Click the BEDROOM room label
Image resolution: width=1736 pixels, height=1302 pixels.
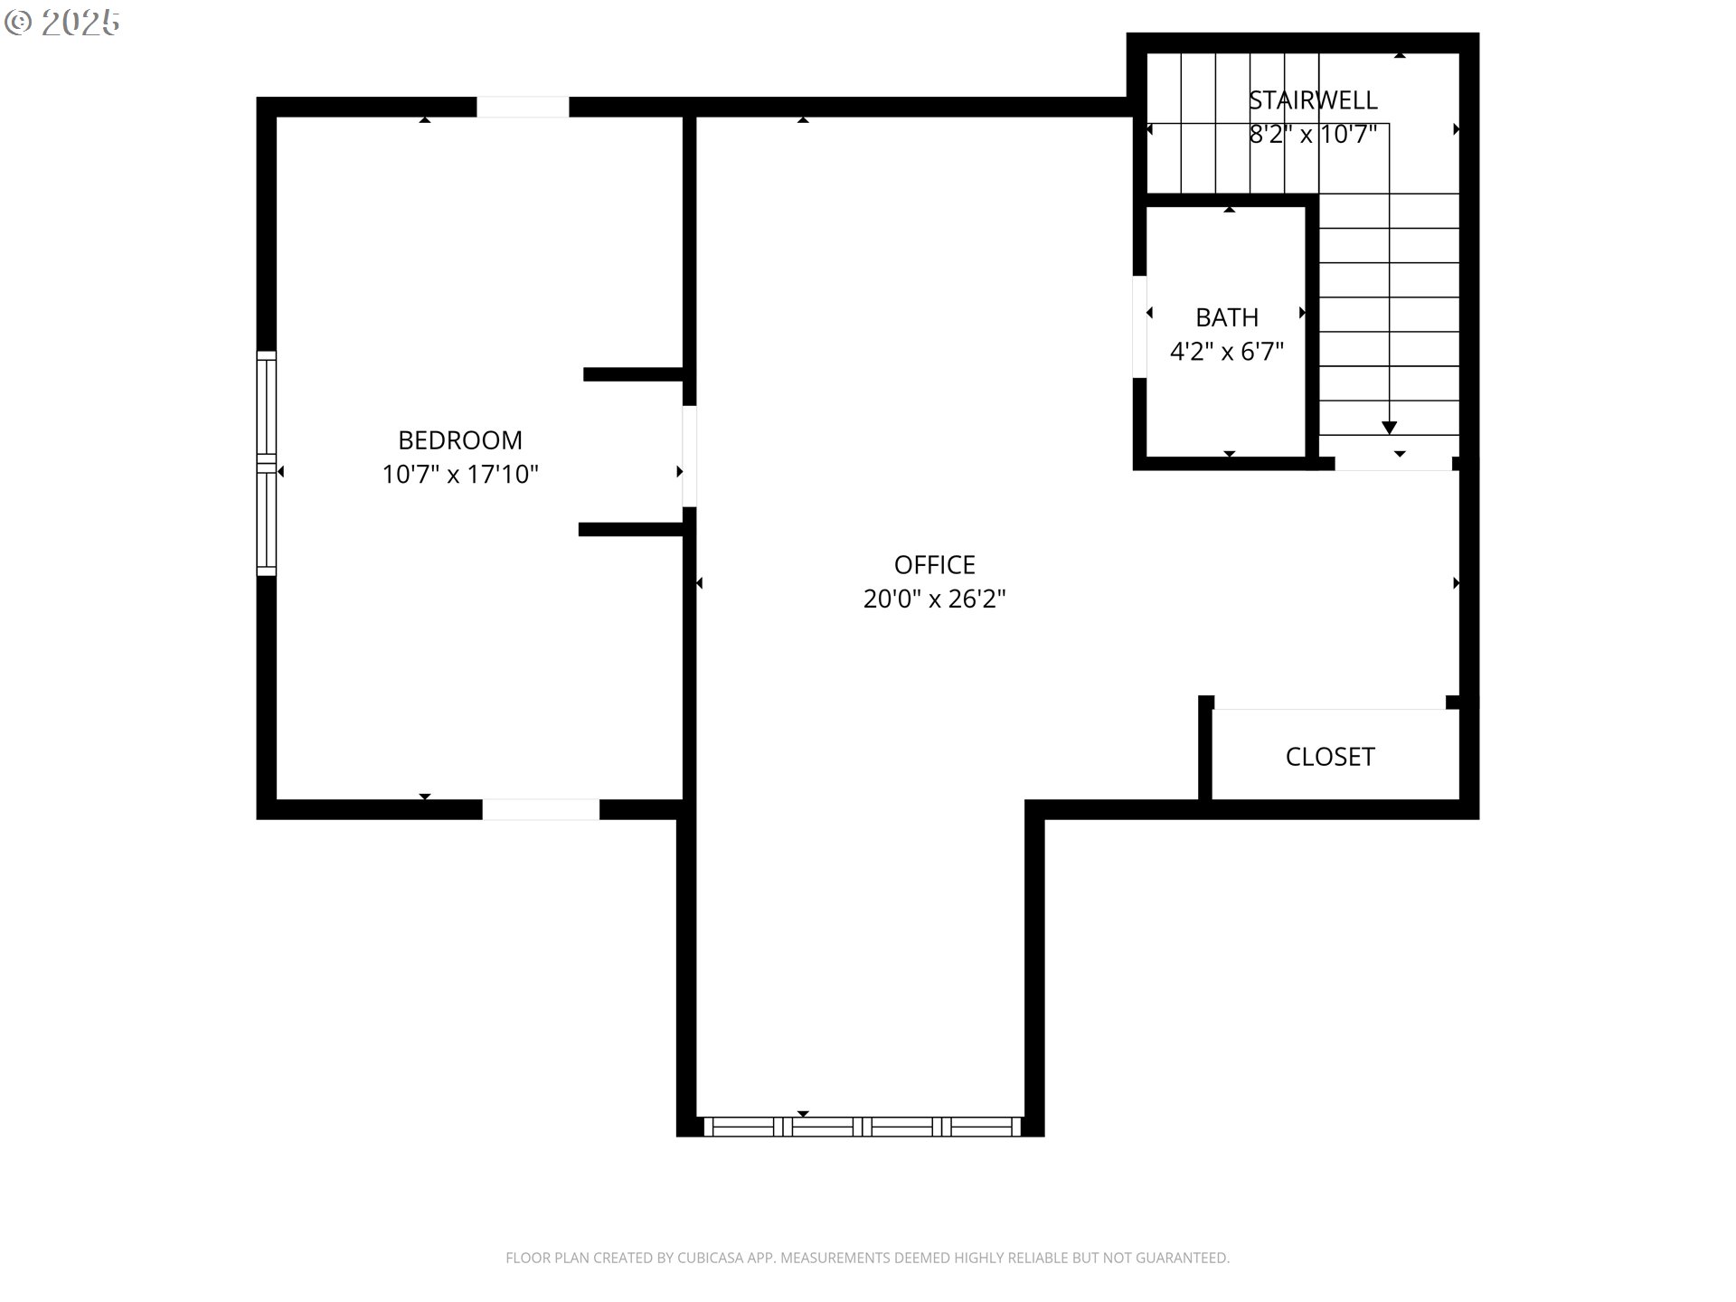click(x=460, y=440)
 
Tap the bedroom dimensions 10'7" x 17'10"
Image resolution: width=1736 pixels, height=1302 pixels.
click(x=460, y=474)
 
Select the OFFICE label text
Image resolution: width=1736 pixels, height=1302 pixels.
click(x=935, y=565)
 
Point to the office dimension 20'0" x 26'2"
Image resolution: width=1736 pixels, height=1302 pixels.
click(x=935, y=599)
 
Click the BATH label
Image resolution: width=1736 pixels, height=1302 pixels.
click(x=1227, y=317)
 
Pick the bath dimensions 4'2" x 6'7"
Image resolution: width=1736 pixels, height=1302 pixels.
click(x=1227, y=351)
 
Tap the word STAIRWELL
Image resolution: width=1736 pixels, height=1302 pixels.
click(x=1313, y=100)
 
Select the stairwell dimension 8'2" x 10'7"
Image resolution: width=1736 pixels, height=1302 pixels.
click(x=1313, y=134)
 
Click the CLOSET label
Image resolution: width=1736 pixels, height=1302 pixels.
click(x=1330, y=757)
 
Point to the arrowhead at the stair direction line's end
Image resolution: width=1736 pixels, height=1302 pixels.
click(x=1390, y=428)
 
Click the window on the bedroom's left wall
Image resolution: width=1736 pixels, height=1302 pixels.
click(x=266, y=463)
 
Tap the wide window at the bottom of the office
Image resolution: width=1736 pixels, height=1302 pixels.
click(x=863, y=1127)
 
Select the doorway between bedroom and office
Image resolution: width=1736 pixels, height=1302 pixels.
click(x=689, y=456)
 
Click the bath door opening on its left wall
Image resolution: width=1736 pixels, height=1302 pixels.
click(x=1139, y=326)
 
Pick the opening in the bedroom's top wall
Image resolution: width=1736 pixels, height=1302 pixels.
click(x=523, y=107)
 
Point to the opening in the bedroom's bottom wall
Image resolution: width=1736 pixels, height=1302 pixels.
click(x=541, y=810)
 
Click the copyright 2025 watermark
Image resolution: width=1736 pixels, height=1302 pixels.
click(x=62, y=23)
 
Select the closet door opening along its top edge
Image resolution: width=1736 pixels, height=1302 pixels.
click(x=1330, y=703)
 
